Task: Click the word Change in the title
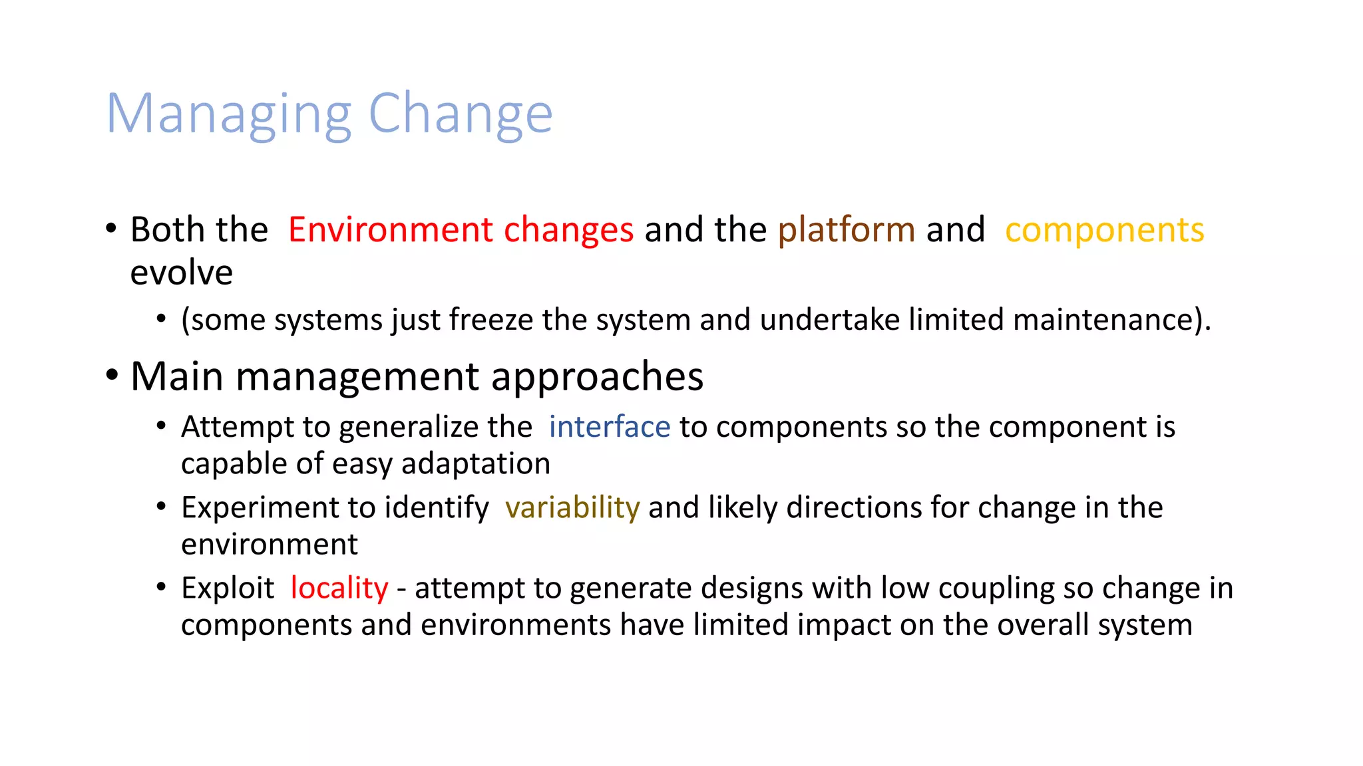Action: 460,114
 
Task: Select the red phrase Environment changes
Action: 461,230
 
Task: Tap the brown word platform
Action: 847,230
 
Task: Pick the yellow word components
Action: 1104,230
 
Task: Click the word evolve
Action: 181,273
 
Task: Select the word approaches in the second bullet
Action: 597,377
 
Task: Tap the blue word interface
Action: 609,427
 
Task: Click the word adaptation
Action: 475,463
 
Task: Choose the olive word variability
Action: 572,508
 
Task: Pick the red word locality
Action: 339,588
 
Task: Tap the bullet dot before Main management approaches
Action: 112,376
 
